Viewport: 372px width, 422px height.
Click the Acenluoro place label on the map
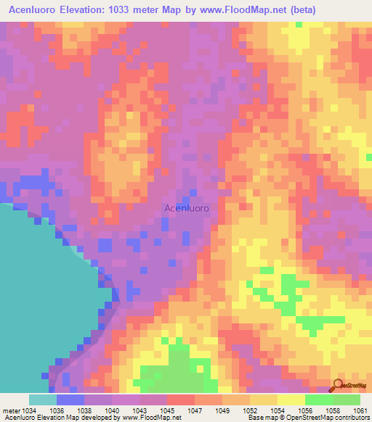pyautogui.click(x=187, y=208)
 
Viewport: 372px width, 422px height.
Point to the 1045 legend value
pyautogui.click(x=166, y=410)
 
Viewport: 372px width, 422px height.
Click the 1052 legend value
pyautogui.click(x=249, y=410)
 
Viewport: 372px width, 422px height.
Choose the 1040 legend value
pyautogui.click(x=112, y=410)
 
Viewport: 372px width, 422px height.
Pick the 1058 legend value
pyautogui.click(x=333, y=410)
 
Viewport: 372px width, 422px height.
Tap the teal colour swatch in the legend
pyautogui.click(x=42, y=400)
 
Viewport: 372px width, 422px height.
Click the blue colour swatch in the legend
pyautogui.click(x=70, y=400)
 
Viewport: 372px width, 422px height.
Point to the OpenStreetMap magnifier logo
pyautogui.click(x=338, y=386)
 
